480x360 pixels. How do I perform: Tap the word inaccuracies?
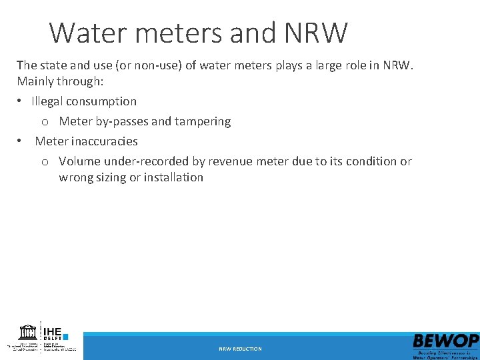pos(106,141)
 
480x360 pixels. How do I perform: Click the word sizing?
pos(113,177)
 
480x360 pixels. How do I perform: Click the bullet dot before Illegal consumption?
pos(21,102)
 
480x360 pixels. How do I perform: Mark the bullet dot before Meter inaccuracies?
pos(21,142)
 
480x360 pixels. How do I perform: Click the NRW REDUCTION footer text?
pos(240,349)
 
